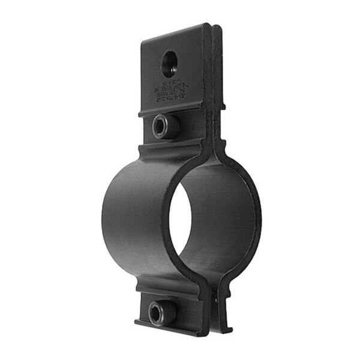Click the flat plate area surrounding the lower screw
coord(183,309)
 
